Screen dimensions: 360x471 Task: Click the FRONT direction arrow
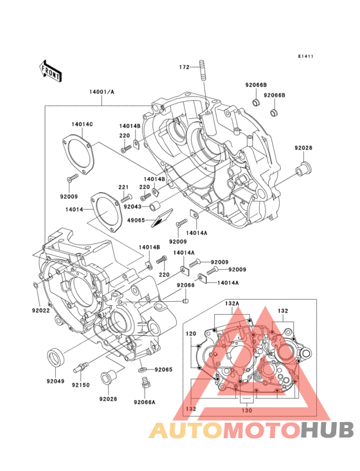pyautogui.click(x=50, y=71)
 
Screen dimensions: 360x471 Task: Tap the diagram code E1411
pyautogui.click(x=306, y=56)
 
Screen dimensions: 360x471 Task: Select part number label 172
pyautogui.click(x=184, y=67)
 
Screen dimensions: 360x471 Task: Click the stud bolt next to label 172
pyautogui.click(x=203, y=70)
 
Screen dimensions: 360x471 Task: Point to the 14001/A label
pyautogui.click(x=102, y=92)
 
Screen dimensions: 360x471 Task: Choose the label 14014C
pyautogui.click(x=82, y=124)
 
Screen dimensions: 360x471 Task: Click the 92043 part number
pyautogui.click(x=132, y=207)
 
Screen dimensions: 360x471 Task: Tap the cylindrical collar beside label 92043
pyautogui.click(x=156, y=206)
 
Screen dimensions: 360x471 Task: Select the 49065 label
pyautogui.click(x=136, y=220)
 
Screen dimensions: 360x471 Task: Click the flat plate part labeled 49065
pyautogui.click(x=162, y=217)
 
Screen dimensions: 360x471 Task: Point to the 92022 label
pyautogui.click(x=40, y=310)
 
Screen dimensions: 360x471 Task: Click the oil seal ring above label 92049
pyautogui.click(x=55, y=357)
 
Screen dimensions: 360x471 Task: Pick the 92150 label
pyautogui.click(x=80, y=385)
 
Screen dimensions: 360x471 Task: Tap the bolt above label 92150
pyautogui.click(x=81, y=367)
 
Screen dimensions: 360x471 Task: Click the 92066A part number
pyautogui.click(x=145, y=402)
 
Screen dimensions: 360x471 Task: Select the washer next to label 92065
pyautogui.click(x=143, y=369)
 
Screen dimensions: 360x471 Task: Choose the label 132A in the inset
pyautogui.click(x=232, y=304)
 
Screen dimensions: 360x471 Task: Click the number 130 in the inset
pyautogui.click(x=247, y=410)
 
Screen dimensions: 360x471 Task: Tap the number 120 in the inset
pyautogui.click(x=191, y=333)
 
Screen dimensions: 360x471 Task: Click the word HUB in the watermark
pyautogui.click(x=327, y=430)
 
